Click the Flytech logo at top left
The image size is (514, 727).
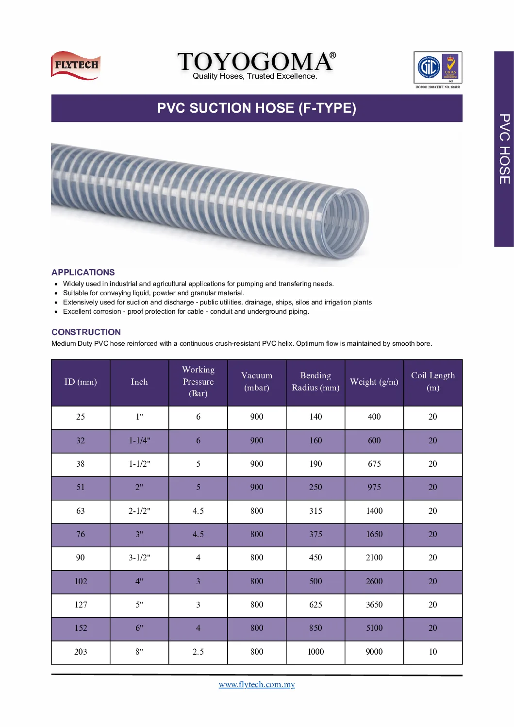point(76,65)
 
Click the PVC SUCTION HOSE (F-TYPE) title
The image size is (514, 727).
point(257,108)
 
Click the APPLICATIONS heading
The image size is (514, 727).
point(83,272)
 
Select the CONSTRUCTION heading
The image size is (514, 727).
point(86,332)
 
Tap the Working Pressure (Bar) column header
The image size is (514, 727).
point(198,382)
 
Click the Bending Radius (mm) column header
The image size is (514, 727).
point(315,382)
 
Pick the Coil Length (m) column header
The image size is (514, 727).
point(433,382)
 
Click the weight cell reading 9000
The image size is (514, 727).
point(374,652)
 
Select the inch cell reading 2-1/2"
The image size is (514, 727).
point(139,511)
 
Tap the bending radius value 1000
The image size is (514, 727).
point(315,652)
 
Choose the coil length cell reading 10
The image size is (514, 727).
point(433,652)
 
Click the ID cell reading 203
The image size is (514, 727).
point(81,652)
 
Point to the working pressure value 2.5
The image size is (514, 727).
point(198,652)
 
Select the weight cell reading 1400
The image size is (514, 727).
point(374,511)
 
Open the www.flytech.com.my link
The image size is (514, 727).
point(257,684)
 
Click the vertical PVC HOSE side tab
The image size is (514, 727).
point(504,149)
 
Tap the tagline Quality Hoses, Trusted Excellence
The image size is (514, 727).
point(255,76)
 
